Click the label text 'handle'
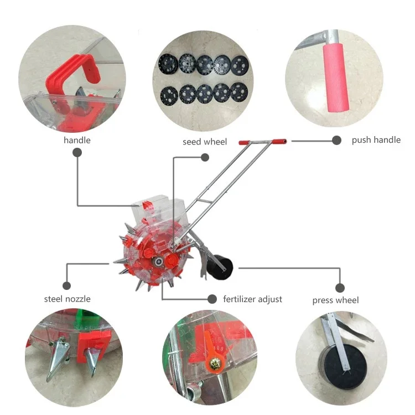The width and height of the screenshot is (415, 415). (x=77, y=140)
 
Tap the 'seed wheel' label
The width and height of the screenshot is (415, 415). (x=205, y=142)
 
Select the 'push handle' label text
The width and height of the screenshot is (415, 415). (x=376, y=140)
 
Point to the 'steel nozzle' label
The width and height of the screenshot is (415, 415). (x=67, y=299)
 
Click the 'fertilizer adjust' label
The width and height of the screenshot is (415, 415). (x=252, y=299)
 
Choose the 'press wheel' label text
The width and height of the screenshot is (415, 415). (x=335, y=300)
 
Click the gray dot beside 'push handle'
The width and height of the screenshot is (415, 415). (x=336, y=141)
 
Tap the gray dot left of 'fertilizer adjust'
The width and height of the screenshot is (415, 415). (x=211, y=299)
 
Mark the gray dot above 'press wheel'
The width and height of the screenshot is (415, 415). (x=340, y=288)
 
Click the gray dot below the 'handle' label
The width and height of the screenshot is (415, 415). (x=77, y=154)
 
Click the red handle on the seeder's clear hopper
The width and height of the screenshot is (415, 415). (x=147, y=206)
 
